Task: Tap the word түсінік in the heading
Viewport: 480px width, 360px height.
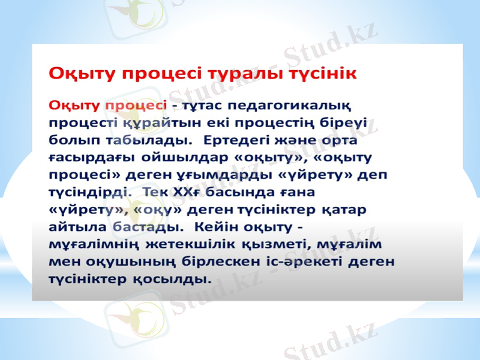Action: click(x=323, y=73)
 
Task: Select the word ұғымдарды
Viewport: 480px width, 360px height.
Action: click(x=234, y=176)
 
